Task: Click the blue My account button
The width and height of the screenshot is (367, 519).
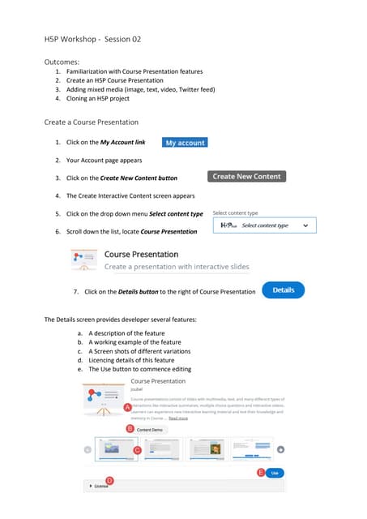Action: [185, 142]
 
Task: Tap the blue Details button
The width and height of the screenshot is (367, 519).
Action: [283, 290]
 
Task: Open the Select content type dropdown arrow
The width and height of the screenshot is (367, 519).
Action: [305, 225]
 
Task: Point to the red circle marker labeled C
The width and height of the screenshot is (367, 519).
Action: [137, 449]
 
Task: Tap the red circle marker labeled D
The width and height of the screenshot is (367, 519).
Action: [109, 481]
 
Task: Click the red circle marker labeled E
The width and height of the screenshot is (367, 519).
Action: [261, 471]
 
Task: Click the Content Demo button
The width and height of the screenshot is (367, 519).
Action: [150, 429]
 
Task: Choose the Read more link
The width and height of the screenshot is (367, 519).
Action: [177, 418]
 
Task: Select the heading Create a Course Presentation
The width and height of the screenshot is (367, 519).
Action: [91, 122]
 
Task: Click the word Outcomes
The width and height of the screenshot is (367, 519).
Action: [62, 61]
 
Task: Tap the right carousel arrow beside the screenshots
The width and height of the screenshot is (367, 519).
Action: [280, 449]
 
